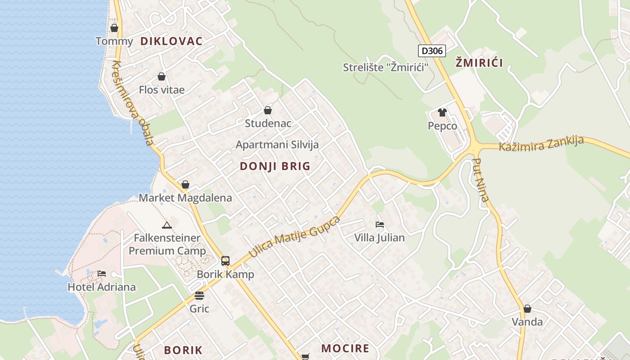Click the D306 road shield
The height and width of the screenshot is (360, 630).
[x=432, y=51]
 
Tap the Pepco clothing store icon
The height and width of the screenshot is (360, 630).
[x=442, y=112]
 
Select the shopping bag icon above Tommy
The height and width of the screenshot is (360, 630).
[x=114, y=28]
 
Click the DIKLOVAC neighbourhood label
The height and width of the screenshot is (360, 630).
[x=171, y=41]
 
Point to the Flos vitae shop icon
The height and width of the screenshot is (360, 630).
[x=162, y=76]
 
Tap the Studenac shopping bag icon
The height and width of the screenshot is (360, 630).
[x=268, y=110]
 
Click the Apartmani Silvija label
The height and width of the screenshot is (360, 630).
[x=277, y=145]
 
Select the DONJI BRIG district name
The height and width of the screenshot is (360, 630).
[x=275, y=166]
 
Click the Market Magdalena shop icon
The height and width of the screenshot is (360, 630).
[x=185, y=184]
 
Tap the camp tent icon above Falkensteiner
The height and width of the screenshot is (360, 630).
[x=167, y=225]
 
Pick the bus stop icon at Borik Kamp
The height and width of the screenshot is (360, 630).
[x=225, y=261]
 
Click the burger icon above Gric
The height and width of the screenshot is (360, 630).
[x=199, y=296]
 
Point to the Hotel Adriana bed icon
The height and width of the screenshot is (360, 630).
[x=102, y=274]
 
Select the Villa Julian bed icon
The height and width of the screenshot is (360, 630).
[x=380, y=224]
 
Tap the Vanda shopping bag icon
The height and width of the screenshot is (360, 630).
[x=527, y=309]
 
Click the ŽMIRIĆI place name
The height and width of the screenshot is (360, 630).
[x=479, y=63]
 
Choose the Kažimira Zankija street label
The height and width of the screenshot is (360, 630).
[x=541, y=144]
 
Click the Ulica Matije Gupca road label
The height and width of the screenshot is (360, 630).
[x=294, y=237]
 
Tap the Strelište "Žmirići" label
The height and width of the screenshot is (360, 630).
[x=385, y=67]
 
